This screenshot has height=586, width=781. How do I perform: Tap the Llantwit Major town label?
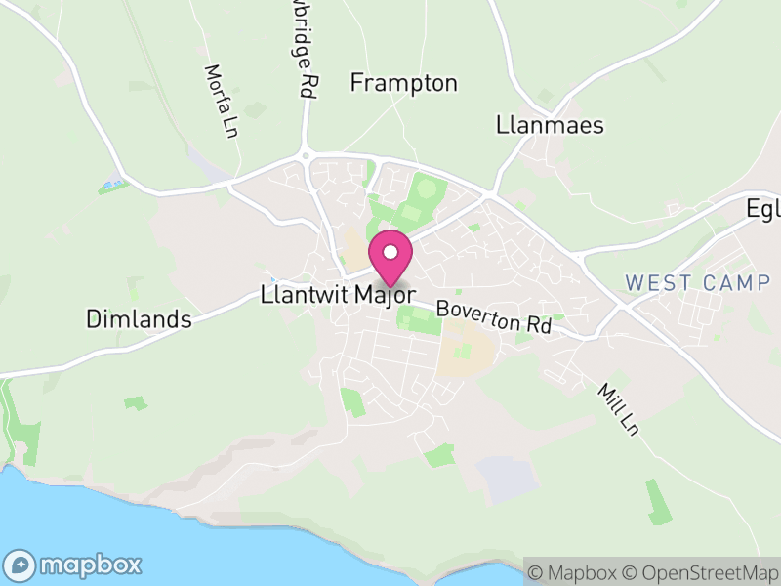coord(339,294)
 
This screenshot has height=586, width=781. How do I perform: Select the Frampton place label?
coord(403,83)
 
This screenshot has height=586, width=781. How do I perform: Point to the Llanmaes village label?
coord(550,125)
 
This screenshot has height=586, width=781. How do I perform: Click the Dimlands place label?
coord(138,318)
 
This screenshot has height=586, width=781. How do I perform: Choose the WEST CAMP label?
coord(697,283)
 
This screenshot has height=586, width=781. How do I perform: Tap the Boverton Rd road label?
coord(494,317)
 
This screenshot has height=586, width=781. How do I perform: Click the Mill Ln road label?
coord(618,408)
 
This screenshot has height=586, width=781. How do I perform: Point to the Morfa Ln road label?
coord(222,101)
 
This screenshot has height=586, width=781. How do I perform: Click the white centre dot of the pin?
coord(390,252)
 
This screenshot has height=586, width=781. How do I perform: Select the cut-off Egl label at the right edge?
coord(763,209)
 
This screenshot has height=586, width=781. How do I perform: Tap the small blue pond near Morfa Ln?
coord(112,184)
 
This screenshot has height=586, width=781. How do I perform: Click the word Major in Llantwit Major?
coord(386,294)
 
